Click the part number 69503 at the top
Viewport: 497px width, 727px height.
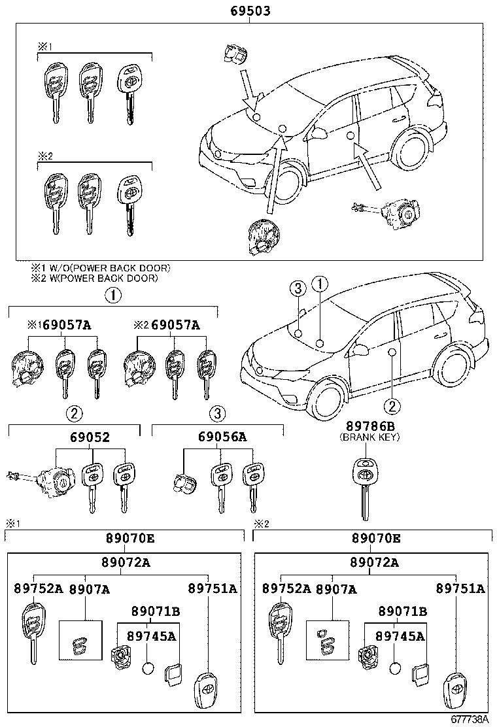[x=250, y=11]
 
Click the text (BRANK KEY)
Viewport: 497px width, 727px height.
[x=369, y=437]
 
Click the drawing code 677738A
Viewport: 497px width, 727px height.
[x=470, y=719]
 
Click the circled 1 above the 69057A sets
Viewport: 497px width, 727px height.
[x=113, y=295]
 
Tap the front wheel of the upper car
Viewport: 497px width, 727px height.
[x=288, y=181]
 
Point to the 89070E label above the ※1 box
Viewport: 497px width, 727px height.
[x=129, y=538]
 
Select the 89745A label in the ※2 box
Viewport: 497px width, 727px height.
[x=399, y=635]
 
